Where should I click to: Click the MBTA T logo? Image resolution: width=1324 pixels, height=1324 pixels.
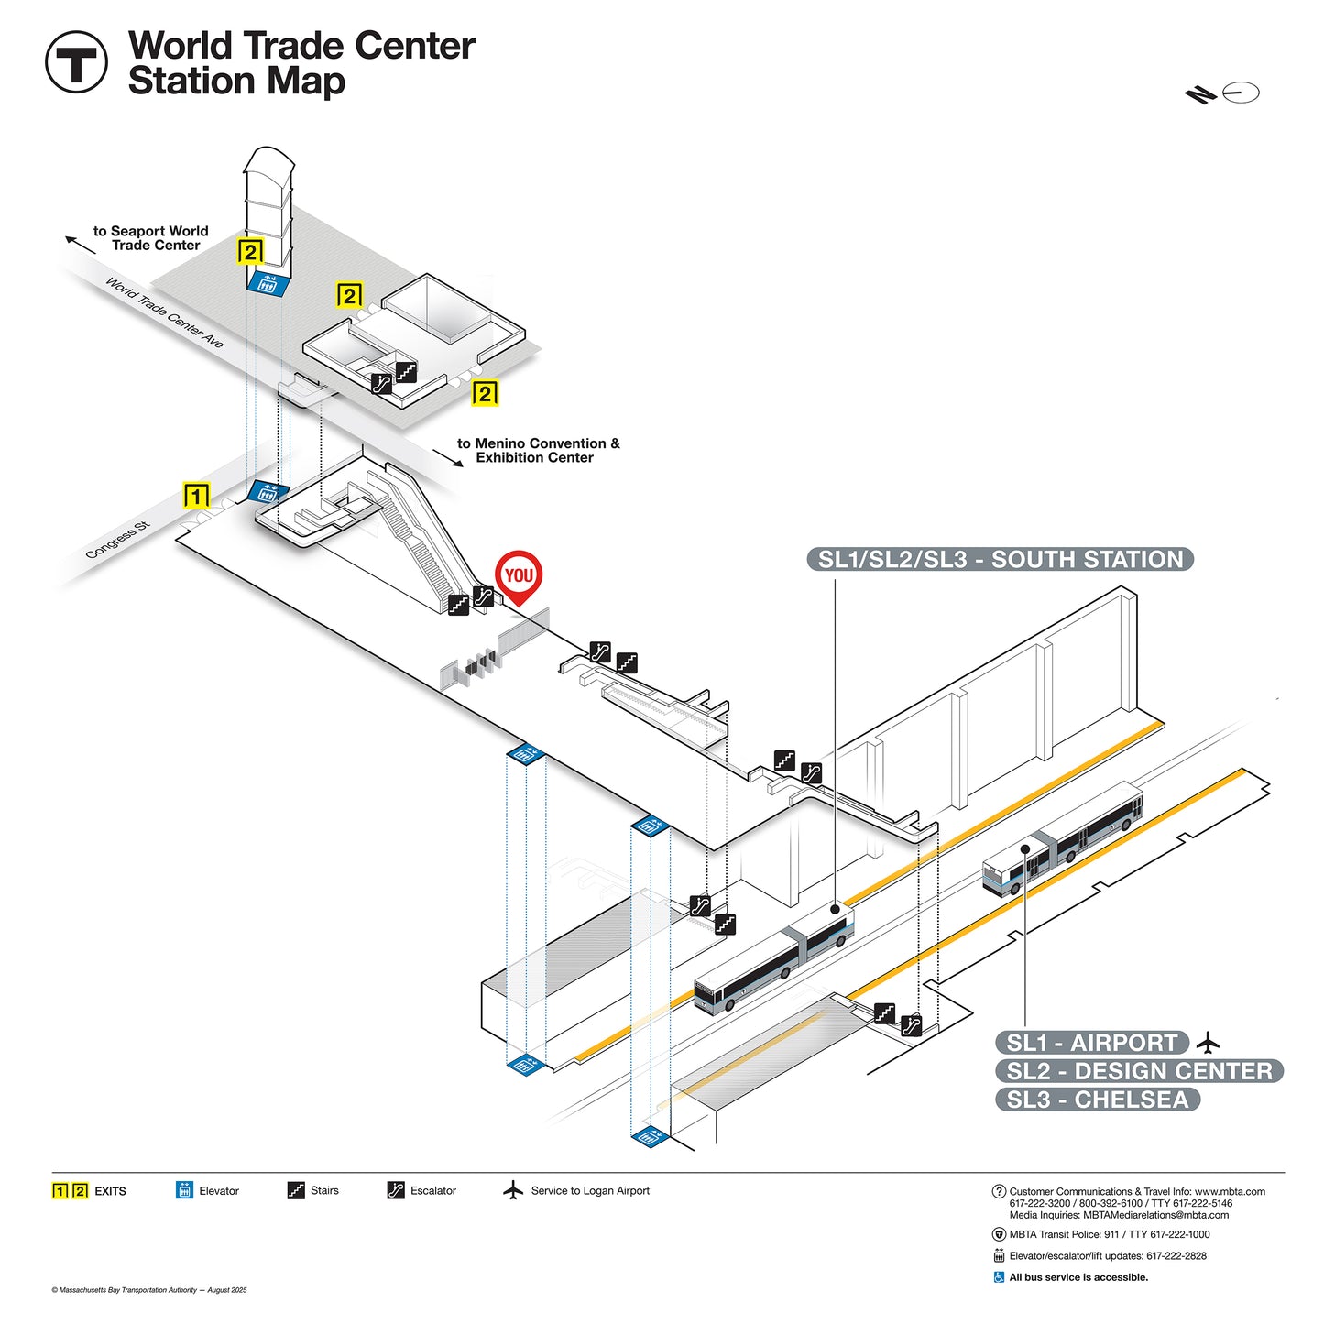point(76,62)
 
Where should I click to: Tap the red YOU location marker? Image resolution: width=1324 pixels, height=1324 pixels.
point(519,575)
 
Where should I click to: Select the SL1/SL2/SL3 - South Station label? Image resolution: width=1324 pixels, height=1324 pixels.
point(1000,560)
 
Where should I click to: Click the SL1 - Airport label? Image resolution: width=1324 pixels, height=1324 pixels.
point(1091,1043)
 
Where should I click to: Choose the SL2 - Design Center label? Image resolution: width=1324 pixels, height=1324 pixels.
point(1139,1071)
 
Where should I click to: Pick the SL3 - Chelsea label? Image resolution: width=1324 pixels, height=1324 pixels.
point(1097,1100)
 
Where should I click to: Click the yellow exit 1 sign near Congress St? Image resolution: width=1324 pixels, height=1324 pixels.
point(196,496)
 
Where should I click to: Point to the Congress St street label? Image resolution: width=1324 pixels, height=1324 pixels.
point(117,541)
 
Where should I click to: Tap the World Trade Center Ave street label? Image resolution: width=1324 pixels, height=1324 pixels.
point(164,312)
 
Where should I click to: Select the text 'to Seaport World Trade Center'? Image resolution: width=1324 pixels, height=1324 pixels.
point(151,238)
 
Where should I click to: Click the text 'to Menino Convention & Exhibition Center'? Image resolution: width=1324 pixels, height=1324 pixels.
point(538,450)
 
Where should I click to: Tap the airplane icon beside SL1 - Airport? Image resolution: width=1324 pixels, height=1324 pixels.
point(1209,1043)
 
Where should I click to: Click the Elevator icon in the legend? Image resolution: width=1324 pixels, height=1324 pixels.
point(184,1190)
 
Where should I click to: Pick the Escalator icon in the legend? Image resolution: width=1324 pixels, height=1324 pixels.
point(395,1190)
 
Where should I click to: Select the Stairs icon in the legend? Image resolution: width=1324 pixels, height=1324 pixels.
point(296,1190)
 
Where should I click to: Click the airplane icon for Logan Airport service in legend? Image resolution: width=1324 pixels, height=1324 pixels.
point(513,1190)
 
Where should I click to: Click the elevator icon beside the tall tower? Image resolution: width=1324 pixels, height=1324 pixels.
point(268,281)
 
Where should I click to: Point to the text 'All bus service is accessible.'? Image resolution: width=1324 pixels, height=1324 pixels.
point(1078,1277)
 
